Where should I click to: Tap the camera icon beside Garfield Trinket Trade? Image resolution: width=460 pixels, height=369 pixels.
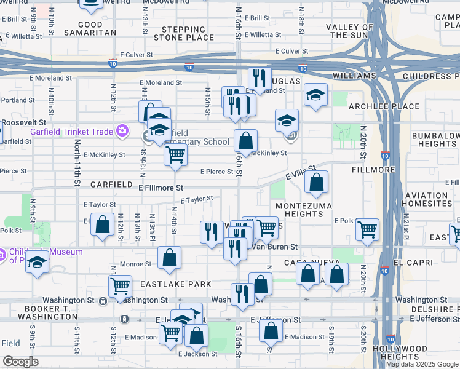click(x=122, y=130)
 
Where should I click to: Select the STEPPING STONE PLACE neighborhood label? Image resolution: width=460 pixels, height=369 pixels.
click(x=188, y=33)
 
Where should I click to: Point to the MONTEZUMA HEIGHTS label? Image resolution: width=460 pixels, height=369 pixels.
click(x=304, y=210)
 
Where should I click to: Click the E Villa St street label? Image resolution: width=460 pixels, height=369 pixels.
click(x=300, y=172)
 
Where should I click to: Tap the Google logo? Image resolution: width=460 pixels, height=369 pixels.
click(x=20, y=362)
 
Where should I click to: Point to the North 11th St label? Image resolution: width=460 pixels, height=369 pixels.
click(x=77, y=163)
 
